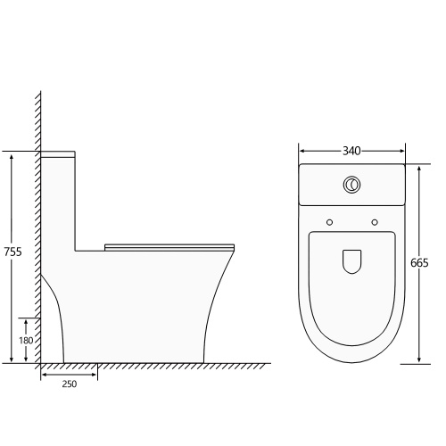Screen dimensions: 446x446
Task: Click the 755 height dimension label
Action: tap(12, 252)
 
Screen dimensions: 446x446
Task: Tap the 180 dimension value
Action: tap(26, 341)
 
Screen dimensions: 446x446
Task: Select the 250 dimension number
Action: tap(70, 384)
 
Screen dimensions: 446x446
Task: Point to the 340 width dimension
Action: tap(351, 151)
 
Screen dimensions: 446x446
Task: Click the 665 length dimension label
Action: tap(419, 263)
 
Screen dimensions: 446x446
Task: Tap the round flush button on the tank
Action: tap(351, 185)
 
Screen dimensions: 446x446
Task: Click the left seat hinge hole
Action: tap(329, 222)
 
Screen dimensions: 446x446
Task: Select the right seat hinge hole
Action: tap(375, 222)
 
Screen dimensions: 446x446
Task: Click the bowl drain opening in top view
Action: tap(351, 261)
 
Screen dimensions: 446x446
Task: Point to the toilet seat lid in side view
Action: tap(169, 247)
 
